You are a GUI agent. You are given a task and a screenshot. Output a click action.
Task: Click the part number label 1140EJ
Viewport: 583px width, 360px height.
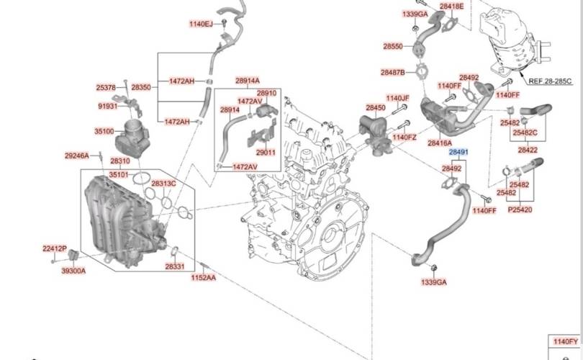click(x=201, y=24)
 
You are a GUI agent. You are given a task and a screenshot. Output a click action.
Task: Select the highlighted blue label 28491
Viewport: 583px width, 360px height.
click(x=459, y=153)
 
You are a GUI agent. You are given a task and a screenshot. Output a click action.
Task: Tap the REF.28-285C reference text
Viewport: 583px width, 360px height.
click(x=550, y=81)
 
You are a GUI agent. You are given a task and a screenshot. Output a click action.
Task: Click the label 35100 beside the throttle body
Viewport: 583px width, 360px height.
click(x=104, y=131)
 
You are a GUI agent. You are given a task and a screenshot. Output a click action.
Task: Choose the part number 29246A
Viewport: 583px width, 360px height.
click(x=76, y=156)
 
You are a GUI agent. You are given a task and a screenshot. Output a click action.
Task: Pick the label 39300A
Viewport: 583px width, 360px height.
click(x=73, y=271)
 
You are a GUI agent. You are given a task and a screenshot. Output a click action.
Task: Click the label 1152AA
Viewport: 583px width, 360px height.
click(x=203, y=277)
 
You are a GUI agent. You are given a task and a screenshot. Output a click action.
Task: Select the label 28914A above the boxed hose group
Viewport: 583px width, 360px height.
click(x=247, y=81)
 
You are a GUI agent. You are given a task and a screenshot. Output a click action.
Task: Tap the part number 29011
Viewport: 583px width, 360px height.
click(x=266, y=153)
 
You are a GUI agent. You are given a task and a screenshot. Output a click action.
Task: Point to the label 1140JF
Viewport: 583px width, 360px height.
click(x=397, y=98)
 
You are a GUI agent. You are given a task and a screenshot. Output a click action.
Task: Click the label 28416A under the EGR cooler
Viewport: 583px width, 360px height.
click(x=439, y=143)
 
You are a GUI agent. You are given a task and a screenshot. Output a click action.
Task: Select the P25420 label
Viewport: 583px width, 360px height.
click(x=520, y=210)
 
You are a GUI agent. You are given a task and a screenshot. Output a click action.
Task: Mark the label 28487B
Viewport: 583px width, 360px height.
click(x=393, y=72)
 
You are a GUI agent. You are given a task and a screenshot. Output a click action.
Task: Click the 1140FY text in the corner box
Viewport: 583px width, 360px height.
click(x=564, y=341)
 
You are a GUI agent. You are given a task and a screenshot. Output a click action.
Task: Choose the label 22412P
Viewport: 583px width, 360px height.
click(x=54, y=248)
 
